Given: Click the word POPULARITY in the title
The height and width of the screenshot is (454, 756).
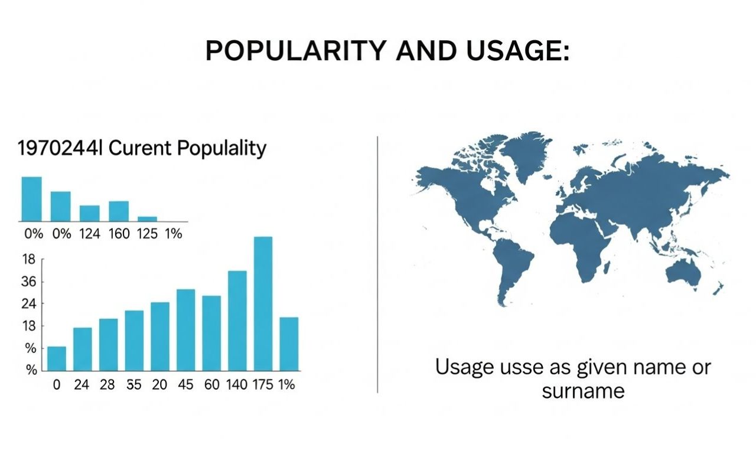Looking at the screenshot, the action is coord(296,51).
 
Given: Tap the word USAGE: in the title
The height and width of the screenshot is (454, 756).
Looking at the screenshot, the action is coord(518,51).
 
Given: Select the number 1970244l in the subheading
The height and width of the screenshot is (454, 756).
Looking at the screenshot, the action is coord(60,148).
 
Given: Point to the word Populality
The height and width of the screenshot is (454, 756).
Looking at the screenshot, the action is coord(221,149).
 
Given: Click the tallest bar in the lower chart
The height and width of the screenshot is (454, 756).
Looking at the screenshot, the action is coord(263,303).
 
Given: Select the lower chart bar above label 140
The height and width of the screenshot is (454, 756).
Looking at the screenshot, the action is coord(237,321).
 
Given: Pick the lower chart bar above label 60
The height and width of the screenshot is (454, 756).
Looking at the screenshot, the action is coord(211,333).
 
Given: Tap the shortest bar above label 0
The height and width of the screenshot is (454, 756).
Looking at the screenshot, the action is coord(57,358).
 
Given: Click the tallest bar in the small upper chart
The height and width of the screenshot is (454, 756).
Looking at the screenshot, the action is coord(32,199).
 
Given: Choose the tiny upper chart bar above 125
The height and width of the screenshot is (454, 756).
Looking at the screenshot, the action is coord(147,219).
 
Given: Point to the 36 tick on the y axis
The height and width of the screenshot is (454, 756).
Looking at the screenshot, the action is coord(29,281).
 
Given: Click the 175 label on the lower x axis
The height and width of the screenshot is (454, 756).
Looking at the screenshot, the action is coord(263,384).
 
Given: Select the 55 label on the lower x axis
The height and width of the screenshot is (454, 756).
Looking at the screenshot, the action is coord(133,384).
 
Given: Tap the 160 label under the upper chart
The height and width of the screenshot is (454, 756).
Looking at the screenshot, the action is coord(119,234).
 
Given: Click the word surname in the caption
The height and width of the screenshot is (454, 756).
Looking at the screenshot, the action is coord(583,391).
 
